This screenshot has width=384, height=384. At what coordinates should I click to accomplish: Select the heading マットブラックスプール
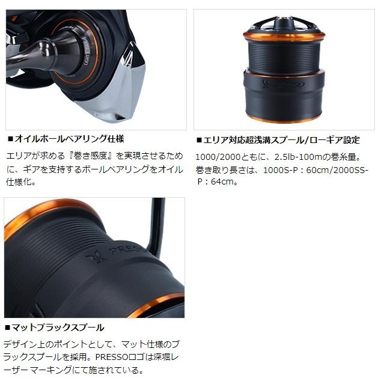pos(58,328)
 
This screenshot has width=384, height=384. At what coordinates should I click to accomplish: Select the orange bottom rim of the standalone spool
pos(284,119)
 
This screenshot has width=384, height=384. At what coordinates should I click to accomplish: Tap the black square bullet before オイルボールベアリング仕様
pos(9,139)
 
